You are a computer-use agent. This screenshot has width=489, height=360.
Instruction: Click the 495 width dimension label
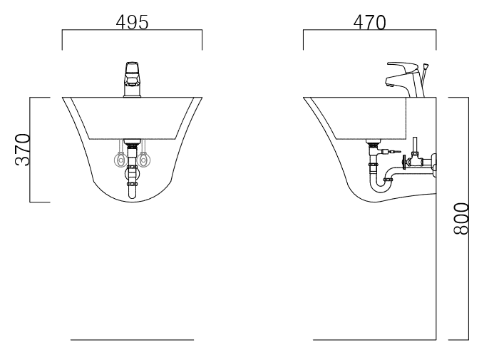click(x=133, y=23)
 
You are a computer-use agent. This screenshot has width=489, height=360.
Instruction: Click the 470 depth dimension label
click(x=369, y=23)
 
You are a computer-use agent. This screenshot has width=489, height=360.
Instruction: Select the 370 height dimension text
click(x=23, y=150)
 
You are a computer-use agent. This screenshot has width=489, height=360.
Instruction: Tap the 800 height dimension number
click(x=461, y=218)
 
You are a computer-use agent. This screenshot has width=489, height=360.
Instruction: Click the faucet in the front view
click(x=133, y=80)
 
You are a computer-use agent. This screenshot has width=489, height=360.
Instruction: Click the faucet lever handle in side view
click(x=402, y=66)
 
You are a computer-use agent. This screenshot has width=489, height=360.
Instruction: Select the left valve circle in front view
click(x=120, y=160)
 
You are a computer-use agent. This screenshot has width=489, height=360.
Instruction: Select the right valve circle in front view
click(x=143, y=160)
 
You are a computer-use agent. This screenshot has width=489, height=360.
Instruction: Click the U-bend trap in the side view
click(x=381, y=186)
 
